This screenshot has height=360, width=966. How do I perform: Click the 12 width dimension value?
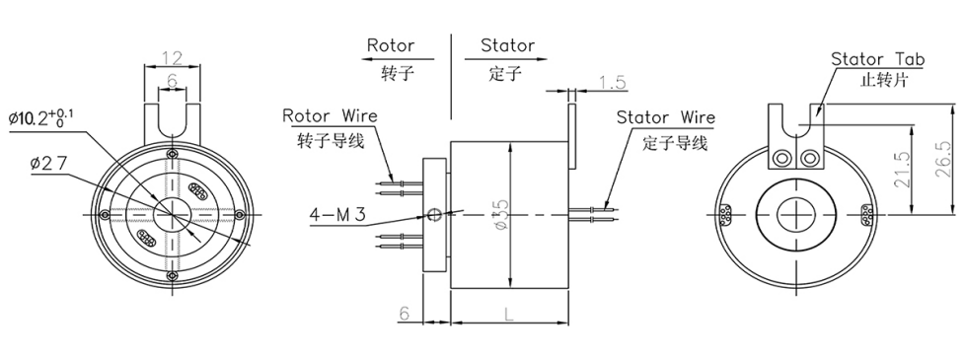[x=172, y=57]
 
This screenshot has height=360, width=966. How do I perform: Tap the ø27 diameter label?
[x=48, y=162]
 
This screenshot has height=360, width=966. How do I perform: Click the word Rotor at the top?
[x=391, y=45]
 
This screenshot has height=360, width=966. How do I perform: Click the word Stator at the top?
[x=507, y=45]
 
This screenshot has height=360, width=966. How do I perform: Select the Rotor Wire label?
[x=330, y=116]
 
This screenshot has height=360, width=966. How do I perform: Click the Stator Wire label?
[x=665, y=117]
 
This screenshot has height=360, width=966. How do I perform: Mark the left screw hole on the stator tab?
[x=783, y=158]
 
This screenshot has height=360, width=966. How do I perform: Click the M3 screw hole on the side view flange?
[x=434, y=211]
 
